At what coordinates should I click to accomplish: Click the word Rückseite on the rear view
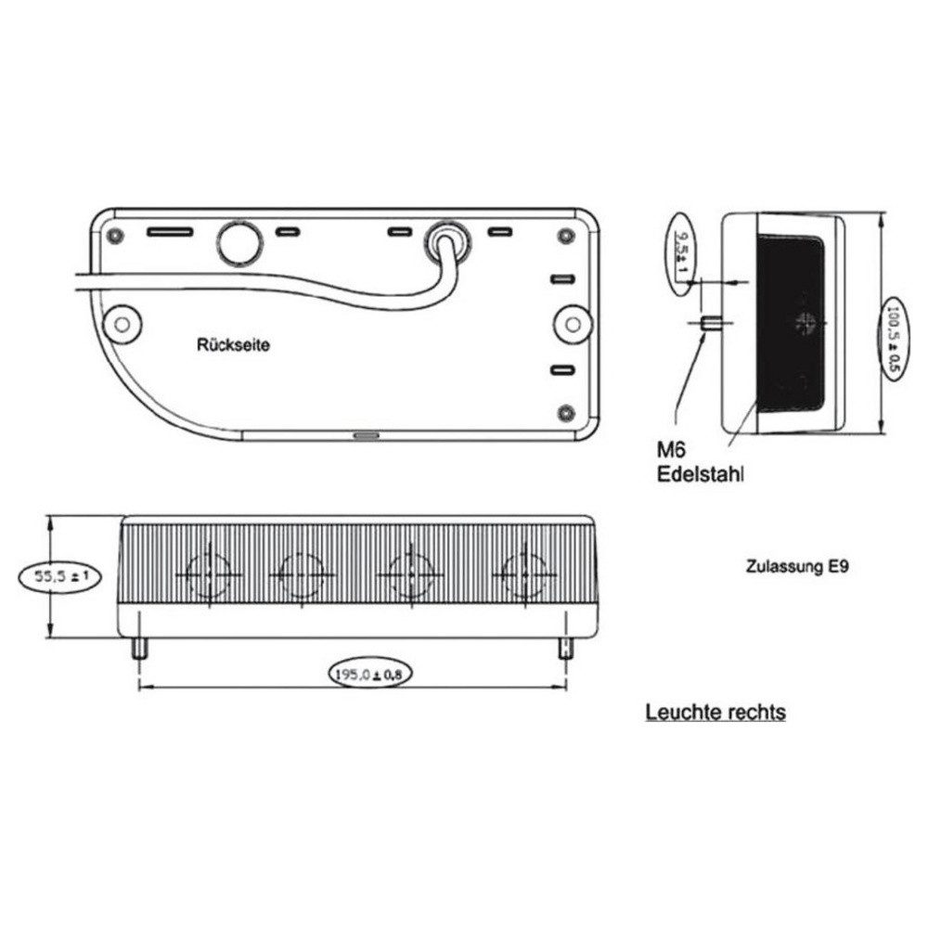(x=233, y=344)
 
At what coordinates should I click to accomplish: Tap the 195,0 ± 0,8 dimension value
(x=368, y=675)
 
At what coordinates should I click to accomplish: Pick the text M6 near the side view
(x=670, y=451)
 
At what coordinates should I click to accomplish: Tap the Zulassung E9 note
(x=796, y=565)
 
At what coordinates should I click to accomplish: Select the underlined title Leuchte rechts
(x=715, y=713)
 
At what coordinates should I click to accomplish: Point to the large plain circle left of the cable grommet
(x=238, y=241)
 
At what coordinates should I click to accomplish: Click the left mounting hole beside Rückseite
(x=121, y=322)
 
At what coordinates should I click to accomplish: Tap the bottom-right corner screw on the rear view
(x=565, y=411)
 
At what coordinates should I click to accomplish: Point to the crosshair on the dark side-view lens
(x=803, y=323)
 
